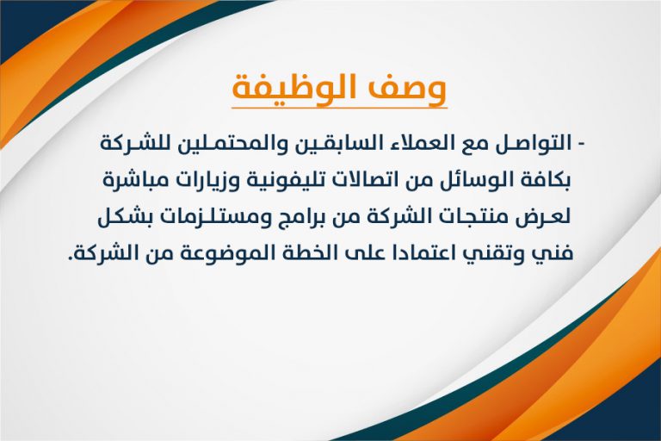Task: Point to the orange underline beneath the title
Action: [339, 108]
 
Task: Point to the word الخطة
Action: [297, 254]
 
